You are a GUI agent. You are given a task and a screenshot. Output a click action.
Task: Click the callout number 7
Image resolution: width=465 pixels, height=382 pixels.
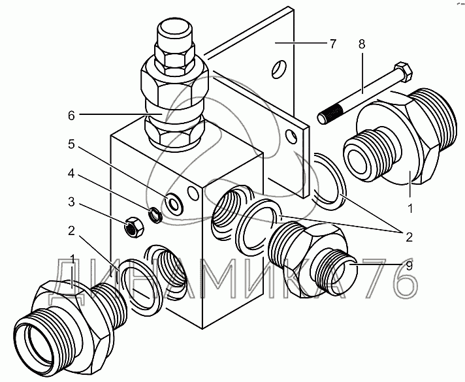pos(333,44)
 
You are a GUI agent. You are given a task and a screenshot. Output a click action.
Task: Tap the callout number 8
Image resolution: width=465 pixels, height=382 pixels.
pos(362,44)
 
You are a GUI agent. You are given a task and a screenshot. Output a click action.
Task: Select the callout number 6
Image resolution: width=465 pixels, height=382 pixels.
pos(71,116)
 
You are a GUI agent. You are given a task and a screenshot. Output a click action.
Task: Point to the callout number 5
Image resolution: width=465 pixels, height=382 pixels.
pos(71,144)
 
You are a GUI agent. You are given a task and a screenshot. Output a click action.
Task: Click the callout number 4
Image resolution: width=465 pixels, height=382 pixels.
pos(71,174)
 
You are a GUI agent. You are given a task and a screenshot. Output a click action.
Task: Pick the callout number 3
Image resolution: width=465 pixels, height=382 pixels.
pos(71,202)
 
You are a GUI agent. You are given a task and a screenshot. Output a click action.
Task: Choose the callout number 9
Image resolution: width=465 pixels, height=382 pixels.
pos(409,266)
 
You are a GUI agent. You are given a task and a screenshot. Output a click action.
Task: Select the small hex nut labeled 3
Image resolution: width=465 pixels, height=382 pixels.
pos(135,227)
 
